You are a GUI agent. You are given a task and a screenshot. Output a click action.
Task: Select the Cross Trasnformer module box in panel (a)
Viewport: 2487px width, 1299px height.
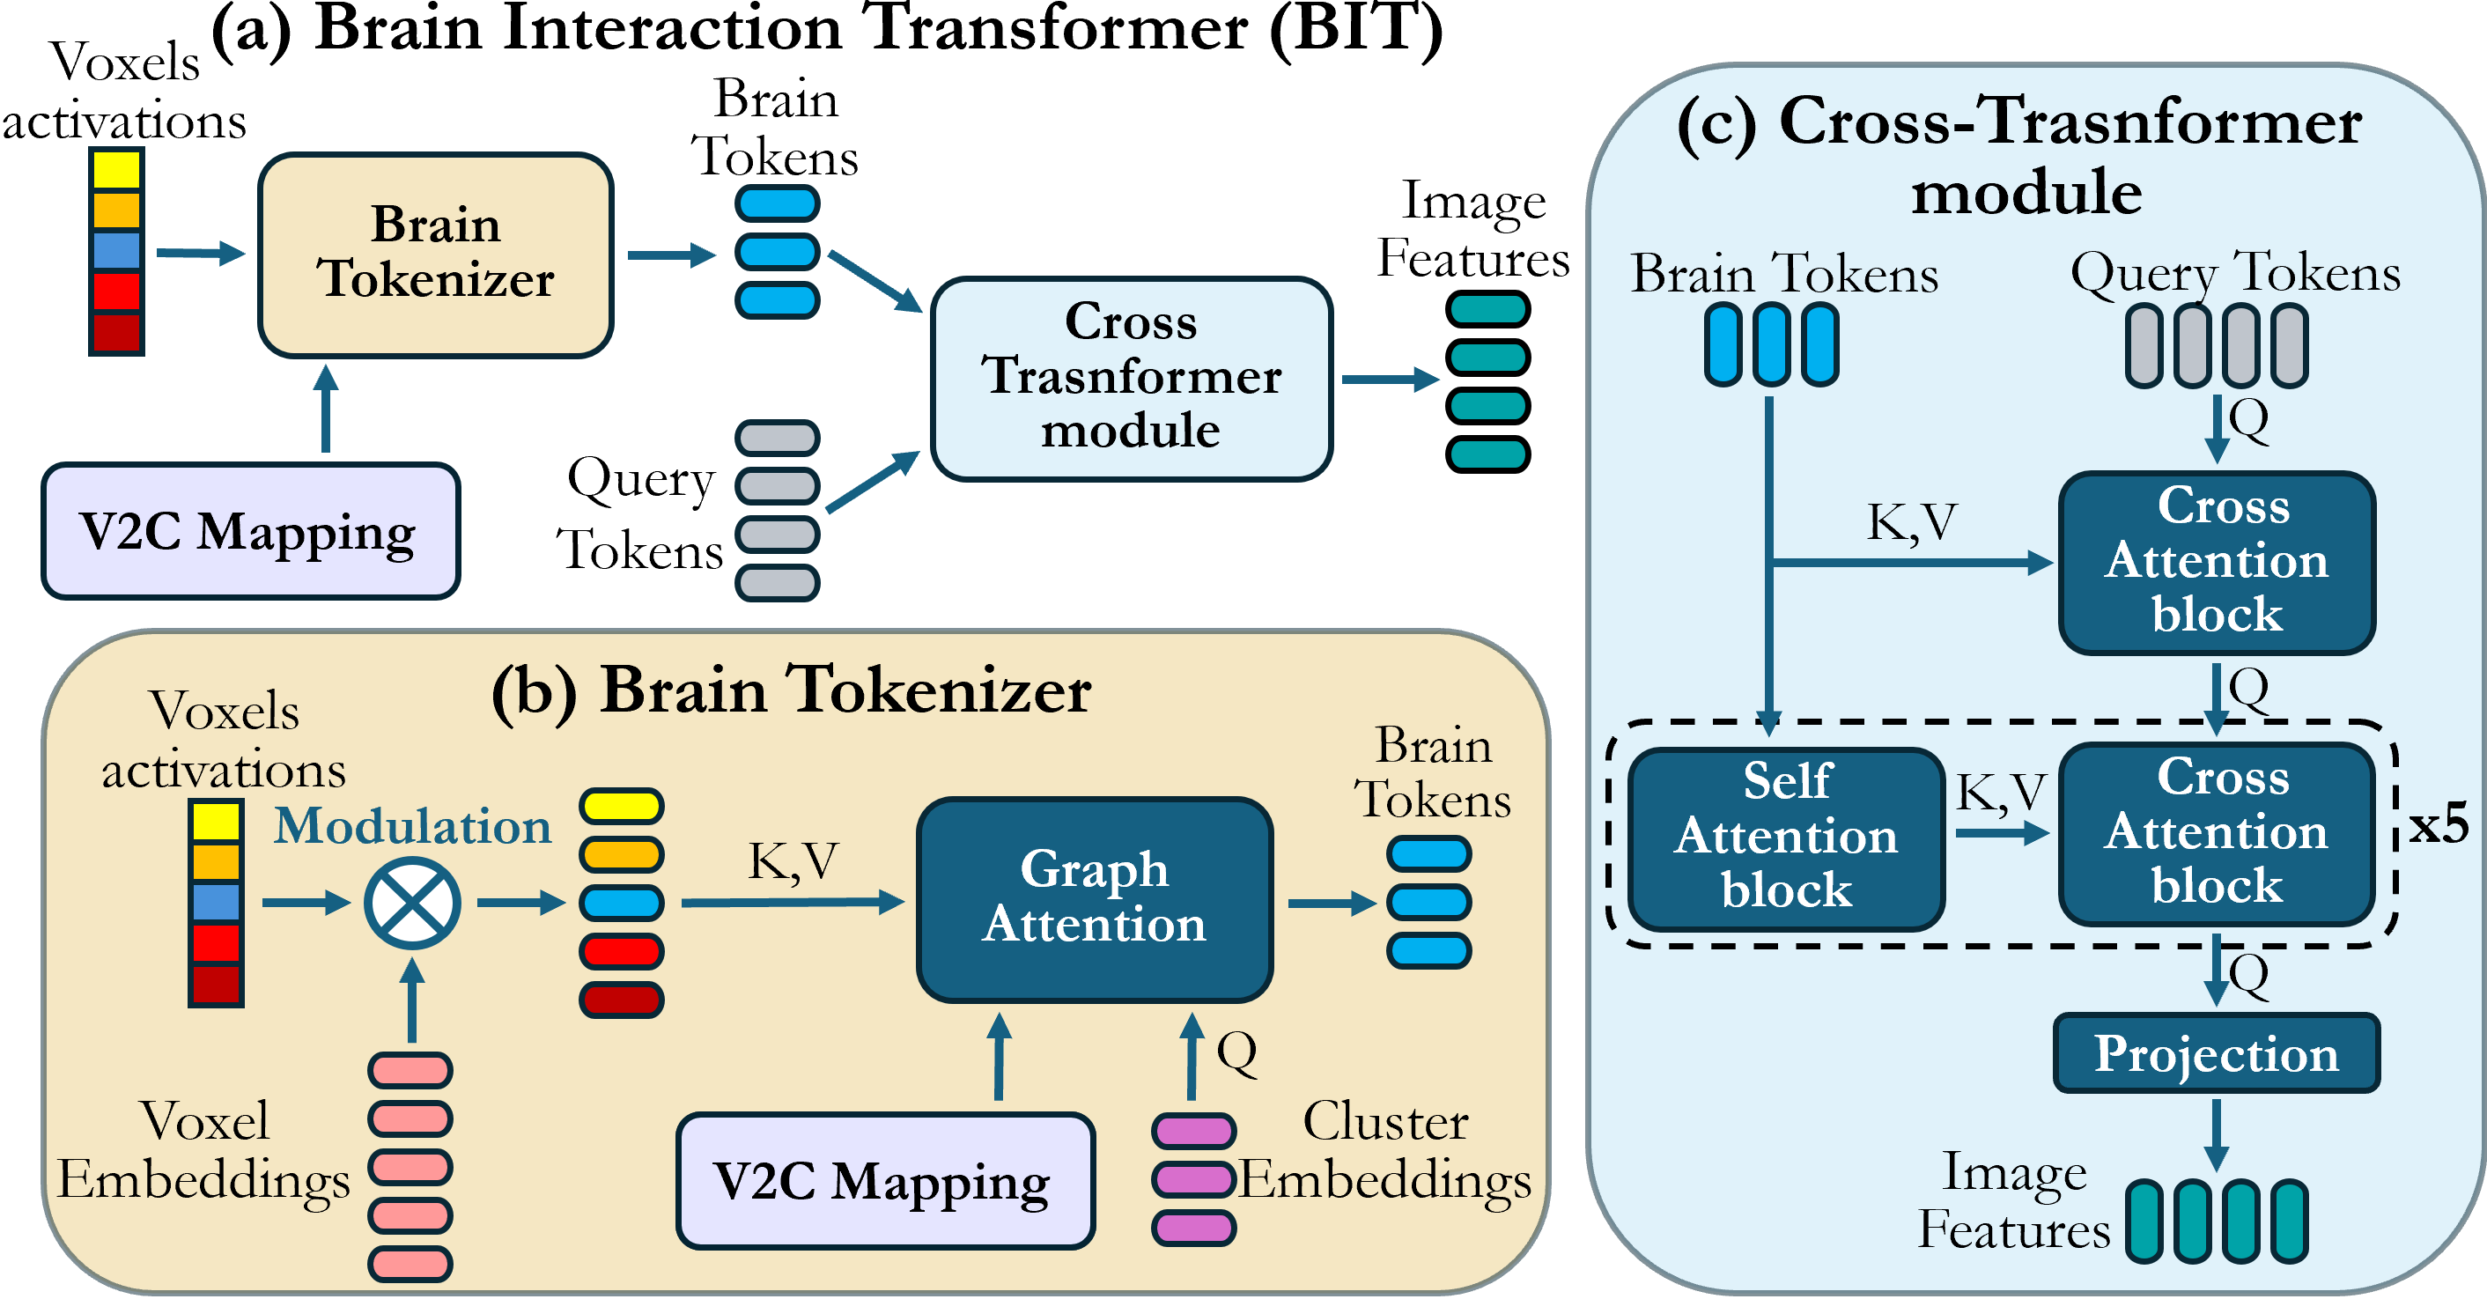click(x=1131, y=378)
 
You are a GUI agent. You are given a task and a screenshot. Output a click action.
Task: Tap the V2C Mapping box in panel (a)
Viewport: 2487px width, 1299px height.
click(x=250, y=531)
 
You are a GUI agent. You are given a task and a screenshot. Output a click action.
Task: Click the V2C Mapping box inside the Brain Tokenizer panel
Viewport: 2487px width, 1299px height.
click(x=884, y=1180)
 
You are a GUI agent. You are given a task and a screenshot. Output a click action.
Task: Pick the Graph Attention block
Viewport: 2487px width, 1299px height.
click(x=1094, y=898)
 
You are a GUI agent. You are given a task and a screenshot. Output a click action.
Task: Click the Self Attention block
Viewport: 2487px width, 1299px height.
click(x=1786, y=838)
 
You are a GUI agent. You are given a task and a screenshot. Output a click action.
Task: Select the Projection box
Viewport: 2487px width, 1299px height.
click(x=2216, y=1052)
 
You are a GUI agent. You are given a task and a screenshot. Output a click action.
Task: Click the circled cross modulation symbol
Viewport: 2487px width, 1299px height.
click(x=412, y=903)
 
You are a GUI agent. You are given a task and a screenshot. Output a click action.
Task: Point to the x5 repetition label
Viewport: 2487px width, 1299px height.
click(x=2438, y=826)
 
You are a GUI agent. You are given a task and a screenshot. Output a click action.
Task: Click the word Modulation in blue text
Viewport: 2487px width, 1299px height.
click(x=412, y=827)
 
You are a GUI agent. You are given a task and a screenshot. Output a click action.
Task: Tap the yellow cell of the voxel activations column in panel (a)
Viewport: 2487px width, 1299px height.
click(x=117, y=171)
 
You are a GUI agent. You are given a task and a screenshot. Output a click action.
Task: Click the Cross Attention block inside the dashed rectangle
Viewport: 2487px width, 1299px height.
click(x=2216, y=832)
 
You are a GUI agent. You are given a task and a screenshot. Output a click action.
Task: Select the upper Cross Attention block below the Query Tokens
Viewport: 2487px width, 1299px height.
click(x=2216, y=562)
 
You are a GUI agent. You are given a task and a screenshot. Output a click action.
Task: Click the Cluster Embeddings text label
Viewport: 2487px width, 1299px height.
click(x=1385, y=1151)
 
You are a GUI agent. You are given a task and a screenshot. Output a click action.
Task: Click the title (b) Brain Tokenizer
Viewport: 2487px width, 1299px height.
click(x=791, y=691)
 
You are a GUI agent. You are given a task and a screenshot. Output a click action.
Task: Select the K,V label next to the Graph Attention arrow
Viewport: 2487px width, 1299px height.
click(x=793, y=861)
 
